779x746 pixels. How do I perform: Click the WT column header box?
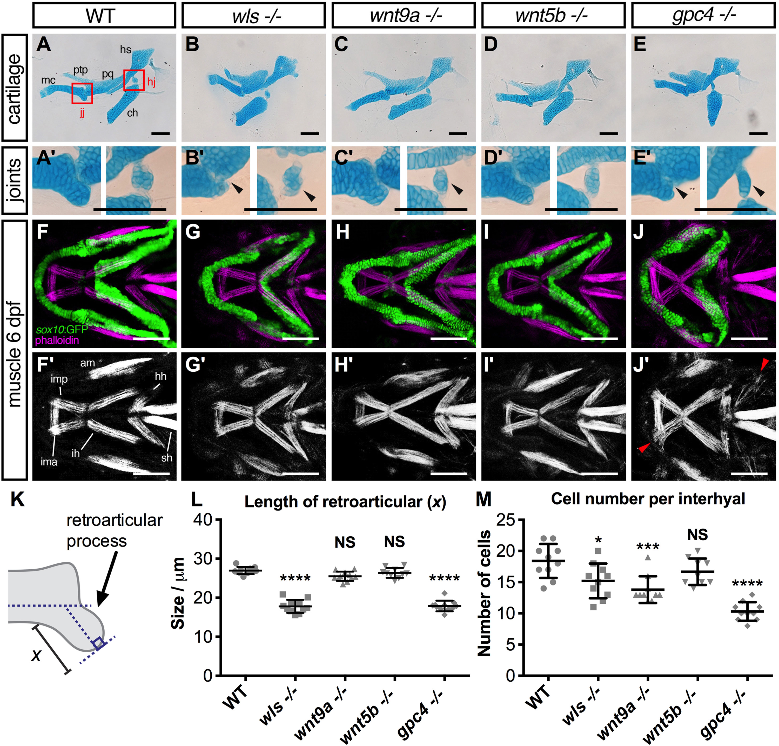[x=104, y=16]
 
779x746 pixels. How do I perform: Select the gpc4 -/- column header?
[x=703, y=16]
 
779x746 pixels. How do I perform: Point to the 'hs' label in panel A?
[x=126, y=50]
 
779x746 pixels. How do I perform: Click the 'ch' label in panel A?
[x=132, y=113]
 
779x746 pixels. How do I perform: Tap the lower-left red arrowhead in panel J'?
[x=644, y=447]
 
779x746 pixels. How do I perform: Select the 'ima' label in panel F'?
[x=49, y=462]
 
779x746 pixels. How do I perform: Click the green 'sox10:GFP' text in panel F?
[x=62, y=329]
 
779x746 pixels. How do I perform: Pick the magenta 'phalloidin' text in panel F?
[x=57, y=340]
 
